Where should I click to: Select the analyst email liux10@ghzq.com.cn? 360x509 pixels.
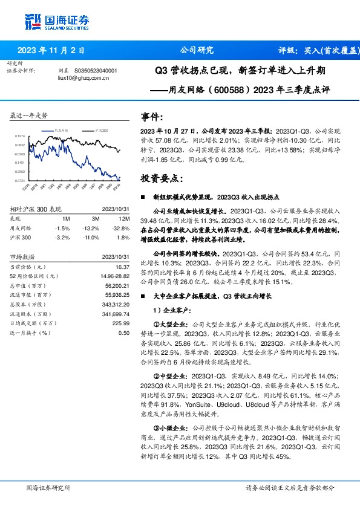pos(83,78)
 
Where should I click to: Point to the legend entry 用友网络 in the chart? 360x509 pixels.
pos(61,130)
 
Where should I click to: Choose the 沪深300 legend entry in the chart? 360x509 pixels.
pos(102,130)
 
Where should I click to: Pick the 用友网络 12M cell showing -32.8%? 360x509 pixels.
pos(121,228)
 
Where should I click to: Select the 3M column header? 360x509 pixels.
pos(95,219)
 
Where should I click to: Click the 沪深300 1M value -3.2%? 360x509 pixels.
pos(62,238)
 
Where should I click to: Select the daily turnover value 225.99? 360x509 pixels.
pos(120,323)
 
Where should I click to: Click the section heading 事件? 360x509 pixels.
pos(151,116)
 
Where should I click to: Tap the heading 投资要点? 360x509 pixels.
pos(160,178)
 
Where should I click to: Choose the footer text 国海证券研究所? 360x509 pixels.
pos(48,487)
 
